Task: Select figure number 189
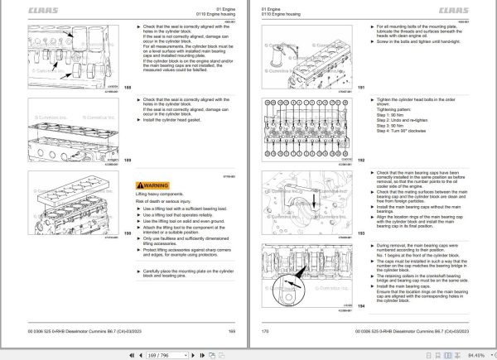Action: click(126, 160)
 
